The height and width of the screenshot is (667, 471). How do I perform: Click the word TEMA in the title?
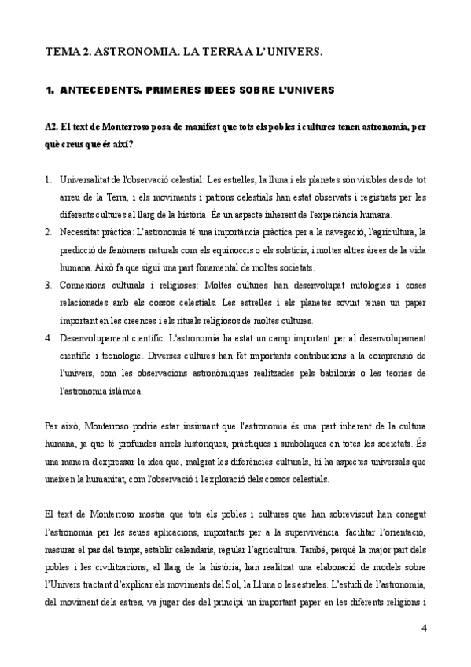[x=61, y=51]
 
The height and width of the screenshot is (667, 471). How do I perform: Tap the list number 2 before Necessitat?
[x=49, y=232]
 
